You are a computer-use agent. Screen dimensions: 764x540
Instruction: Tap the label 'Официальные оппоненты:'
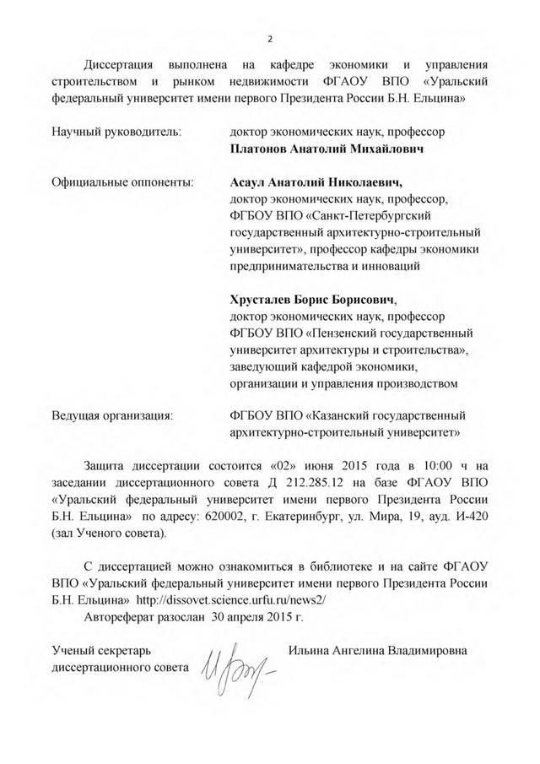pos(122,182)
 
